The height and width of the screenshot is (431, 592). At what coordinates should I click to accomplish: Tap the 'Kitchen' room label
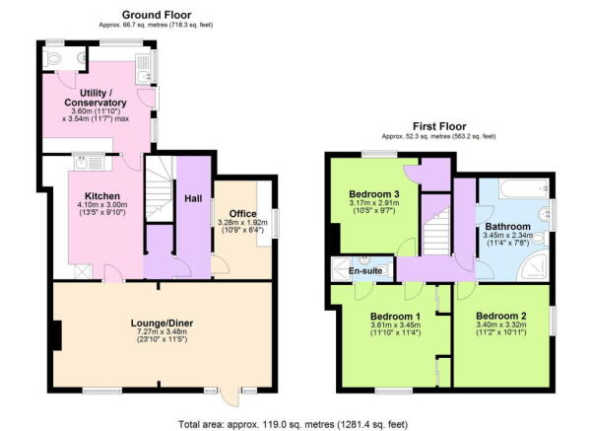100,196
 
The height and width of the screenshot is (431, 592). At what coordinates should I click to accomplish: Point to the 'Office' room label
242,213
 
